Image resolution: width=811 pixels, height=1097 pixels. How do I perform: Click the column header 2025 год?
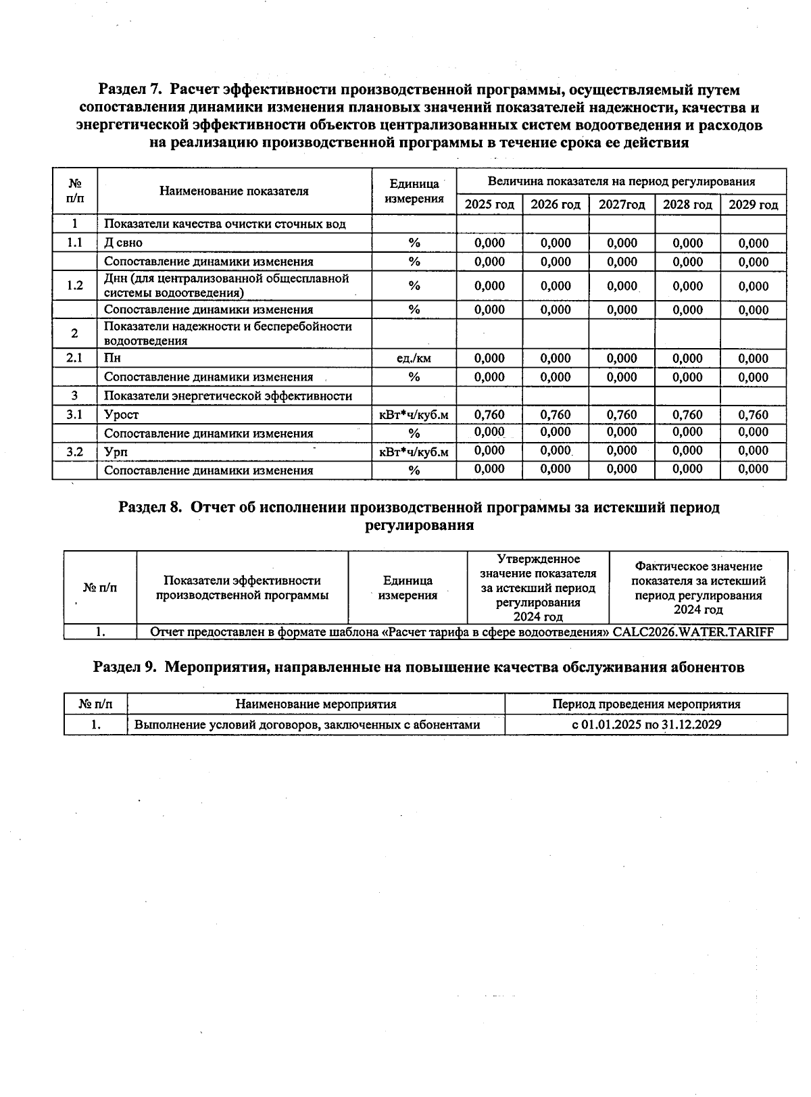[489, 205]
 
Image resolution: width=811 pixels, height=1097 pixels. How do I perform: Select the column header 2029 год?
[753, 205]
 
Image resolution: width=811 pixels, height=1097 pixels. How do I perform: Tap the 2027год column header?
[622, 205]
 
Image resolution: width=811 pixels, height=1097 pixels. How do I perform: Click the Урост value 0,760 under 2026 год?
[556, 414]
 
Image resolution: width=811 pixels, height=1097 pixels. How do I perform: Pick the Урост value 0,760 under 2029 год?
[753, 414]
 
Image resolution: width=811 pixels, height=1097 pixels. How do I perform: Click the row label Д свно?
[124, 243]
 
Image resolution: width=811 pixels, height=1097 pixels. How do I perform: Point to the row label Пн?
[112, 358]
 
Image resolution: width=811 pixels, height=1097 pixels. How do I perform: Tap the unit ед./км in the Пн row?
[414, 359]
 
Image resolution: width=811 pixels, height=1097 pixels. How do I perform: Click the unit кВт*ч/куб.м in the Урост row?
[414, 415]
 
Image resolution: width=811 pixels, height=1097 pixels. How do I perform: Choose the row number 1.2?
[74, 285]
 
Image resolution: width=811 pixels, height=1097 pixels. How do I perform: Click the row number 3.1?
[74, 414]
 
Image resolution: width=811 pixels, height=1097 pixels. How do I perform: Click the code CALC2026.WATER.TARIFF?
[693, 633]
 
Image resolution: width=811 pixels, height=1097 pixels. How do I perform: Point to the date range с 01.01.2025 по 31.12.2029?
[646, 725]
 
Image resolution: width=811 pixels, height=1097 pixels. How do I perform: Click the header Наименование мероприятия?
[316, 704]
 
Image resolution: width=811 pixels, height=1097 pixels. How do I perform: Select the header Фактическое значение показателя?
[698, 574]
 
